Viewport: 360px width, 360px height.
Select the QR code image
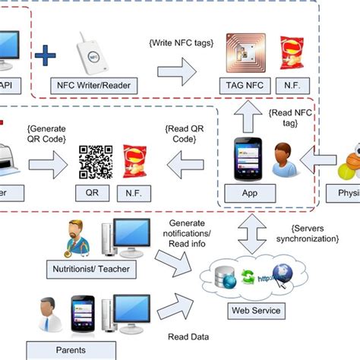(96, 162)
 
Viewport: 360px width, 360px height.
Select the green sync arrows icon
(248, 279)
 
